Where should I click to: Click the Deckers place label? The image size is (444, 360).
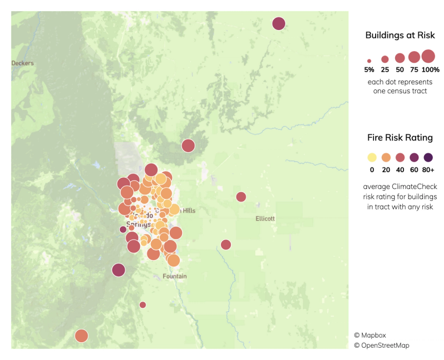(x=23, y=63)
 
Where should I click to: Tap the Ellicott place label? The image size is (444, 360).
(x=265, y=218)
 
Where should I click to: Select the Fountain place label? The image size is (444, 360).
(x=175, y=276)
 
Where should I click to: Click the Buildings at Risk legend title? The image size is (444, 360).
(x=400, y=36)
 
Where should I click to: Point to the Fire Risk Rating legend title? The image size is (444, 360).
(x=400, y=137)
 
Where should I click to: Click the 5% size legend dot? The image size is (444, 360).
(x=369, y=61)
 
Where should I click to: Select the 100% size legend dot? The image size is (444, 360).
(x=428, y=56)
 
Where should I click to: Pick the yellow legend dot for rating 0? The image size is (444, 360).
(x=372, y=157)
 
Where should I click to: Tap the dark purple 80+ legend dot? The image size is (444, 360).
(x=428, y=157)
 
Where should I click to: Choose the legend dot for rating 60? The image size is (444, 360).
(x=414, y=157)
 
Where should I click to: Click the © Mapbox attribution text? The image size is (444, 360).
(x=370, y=335)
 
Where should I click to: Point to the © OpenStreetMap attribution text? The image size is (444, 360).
(x=382, y=346)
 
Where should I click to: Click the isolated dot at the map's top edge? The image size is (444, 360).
(x=279, y=24)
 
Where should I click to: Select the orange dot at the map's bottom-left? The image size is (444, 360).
(x=82, y=336)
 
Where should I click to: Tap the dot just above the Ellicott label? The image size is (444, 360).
(x=241, y=197)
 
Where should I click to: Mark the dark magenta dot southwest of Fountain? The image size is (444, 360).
(x=118, y=270)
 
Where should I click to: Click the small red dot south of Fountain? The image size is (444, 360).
(x=143, y=304)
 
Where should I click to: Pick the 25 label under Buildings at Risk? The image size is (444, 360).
(x=385, y=70)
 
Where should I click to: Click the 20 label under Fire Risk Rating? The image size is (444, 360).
(x=386, y=170)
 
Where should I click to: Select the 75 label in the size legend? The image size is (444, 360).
(x=414, y=70)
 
